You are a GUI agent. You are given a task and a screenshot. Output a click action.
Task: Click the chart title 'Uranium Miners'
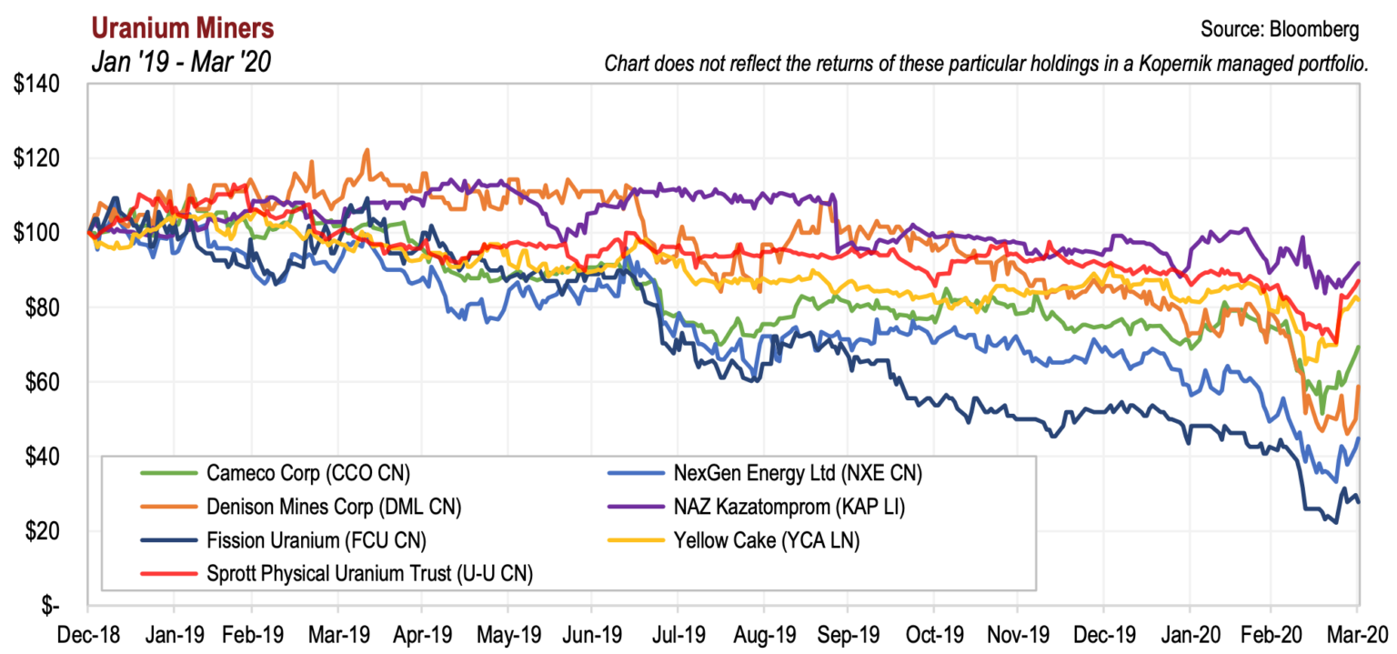182,28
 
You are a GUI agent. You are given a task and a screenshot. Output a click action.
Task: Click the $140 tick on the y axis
37,85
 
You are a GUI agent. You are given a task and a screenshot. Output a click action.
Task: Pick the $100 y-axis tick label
37,233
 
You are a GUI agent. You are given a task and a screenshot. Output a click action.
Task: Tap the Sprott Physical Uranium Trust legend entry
369,574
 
